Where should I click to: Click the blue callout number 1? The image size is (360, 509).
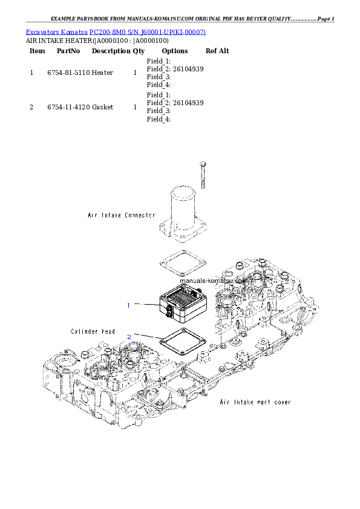128,305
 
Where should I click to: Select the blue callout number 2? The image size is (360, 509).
128,337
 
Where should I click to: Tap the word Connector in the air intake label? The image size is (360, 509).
139,215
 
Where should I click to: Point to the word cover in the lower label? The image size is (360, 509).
279,402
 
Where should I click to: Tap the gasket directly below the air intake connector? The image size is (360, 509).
183,264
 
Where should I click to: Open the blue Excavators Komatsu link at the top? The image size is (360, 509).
116,31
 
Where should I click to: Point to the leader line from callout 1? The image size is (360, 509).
145,304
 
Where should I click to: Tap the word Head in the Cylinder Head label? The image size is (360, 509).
108,331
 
